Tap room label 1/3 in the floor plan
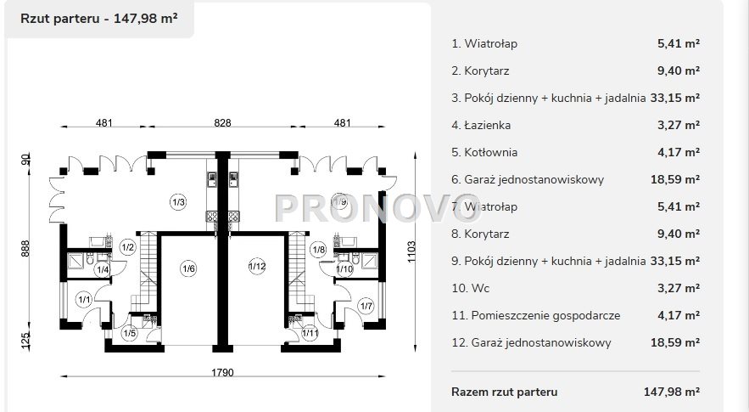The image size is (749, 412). (178, 201)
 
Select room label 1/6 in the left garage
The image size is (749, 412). (187, 268)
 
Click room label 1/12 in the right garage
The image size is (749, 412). (257, 268)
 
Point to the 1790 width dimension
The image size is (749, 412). (222, 372)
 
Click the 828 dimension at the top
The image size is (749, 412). (222, 123)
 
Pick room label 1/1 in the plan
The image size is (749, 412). (84, 298)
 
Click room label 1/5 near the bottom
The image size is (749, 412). (129, 333)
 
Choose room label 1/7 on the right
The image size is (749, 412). (366, 306)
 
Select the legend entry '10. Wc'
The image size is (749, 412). (471, 288)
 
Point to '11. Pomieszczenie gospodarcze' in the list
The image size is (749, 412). (535, 315)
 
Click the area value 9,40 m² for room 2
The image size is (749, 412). (679, 71)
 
